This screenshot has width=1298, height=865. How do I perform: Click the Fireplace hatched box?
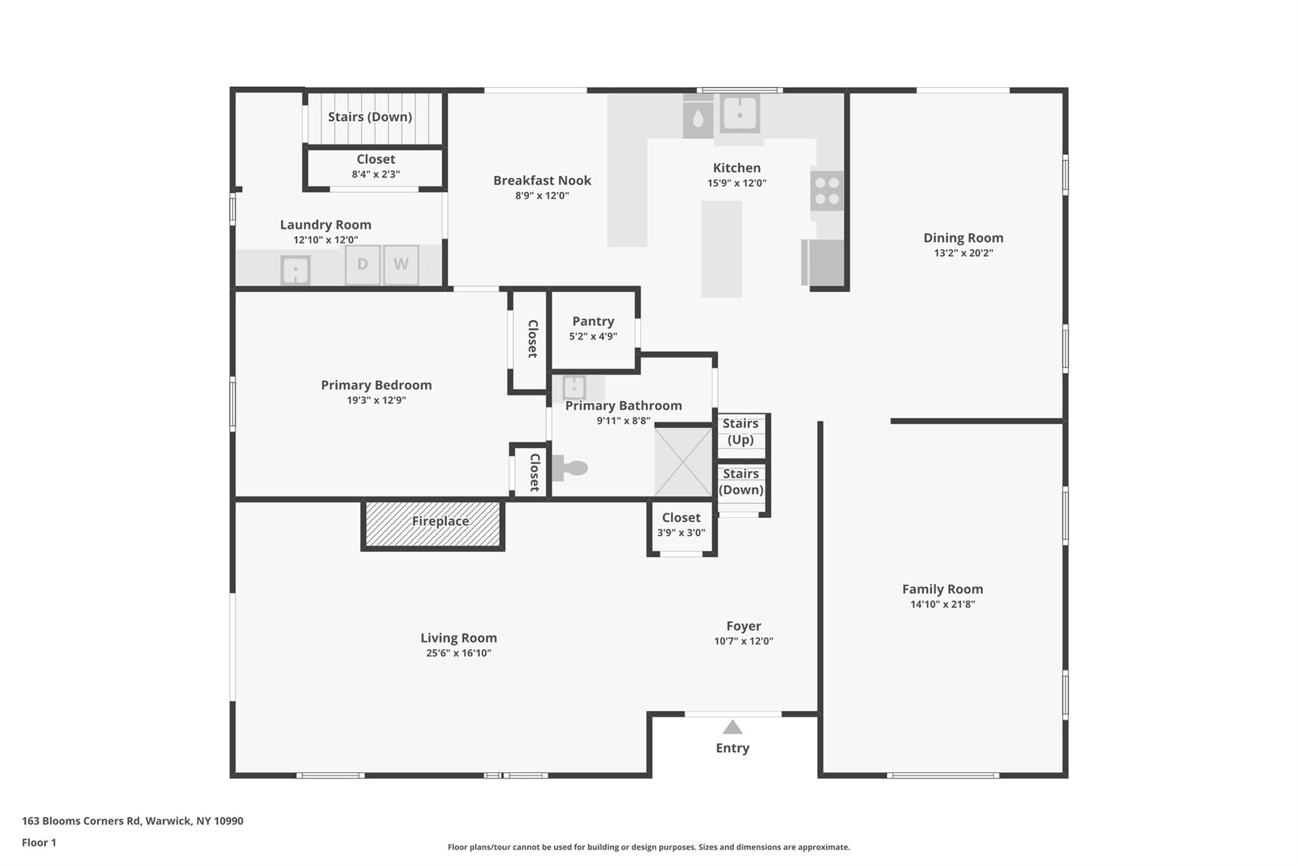click(433, 524)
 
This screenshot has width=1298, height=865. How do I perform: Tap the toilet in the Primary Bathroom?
click(570, 468)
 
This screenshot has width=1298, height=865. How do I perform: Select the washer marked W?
click(401, 265)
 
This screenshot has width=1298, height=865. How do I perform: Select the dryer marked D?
click(363, 265)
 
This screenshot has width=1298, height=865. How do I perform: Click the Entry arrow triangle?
click(732, 727)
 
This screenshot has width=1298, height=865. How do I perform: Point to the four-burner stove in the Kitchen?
click(826, 191)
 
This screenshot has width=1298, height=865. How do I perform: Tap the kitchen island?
click(721, 249)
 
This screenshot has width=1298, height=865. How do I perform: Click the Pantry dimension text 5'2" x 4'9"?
click(593, 336)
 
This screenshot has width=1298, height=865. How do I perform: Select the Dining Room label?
click(963, 238)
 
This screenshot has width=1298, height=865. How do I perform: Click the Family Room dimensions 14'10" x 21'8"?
click(942, 605)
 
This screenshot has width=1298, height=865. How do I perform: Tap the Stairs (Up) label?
click(740, 432)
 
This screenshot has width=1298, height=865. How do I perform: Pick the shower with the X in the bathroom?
click(683, 462)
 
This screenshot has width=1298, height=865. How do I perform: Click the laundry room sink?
click(295, 271)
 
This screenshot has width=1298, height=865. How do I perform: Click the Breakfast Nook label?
click(542, 181)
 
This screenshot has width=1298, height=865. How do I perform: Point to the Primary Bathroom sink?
click(574, 387)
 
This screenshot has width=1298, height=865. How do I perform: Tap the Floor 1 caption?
click(39, 842)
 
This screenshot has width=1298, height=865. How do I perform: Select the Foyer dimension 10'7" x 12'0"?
click(743, 641)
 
